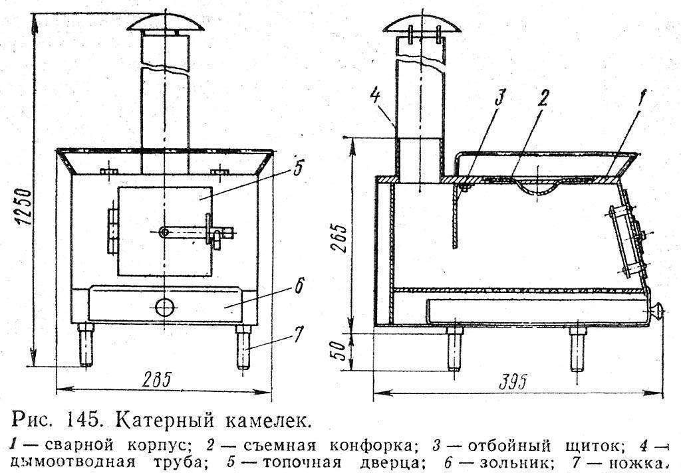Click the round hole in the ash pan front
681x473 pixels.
tap(163, 306)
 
